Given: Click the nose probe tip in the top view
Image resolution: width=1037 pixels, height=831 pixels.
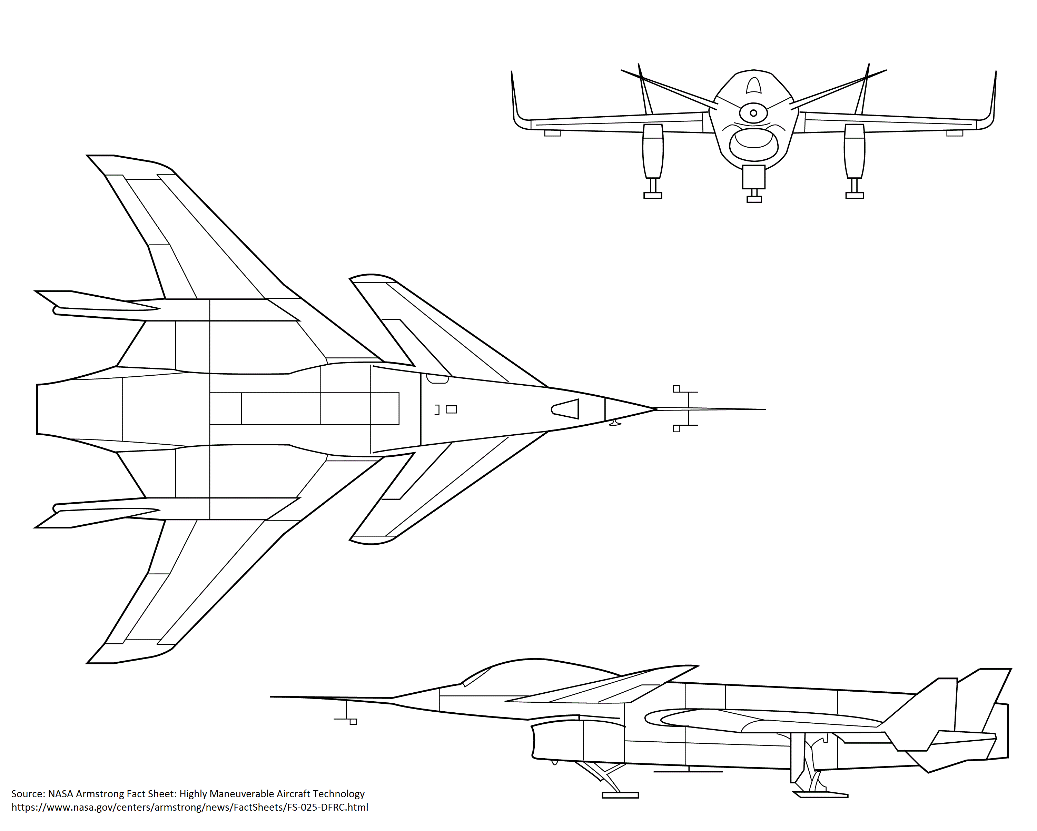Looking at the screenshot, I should coord(764,409).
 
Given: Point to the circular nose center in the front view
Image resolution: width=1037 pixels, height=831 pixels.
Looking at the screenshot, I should coord(753,113).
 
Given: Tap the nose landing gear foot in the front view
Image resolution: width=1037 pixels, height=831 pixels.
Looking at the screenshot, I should coord(754,199).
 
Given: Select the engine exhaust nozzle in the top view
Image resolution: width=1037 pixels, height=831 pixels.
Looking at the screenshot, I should coord(48,409).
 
